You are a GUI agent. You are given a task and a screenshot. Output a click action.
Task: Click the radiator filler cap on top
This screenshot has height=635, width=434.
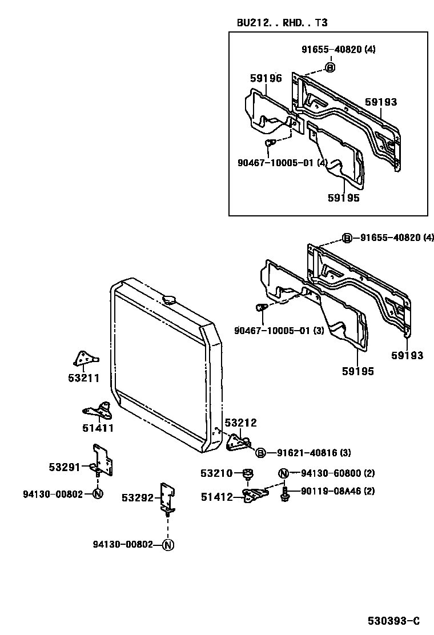click(170, 299)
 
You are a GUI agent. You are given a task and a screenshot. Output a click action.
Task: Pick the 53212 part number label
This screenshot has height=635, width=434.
click(240, 423)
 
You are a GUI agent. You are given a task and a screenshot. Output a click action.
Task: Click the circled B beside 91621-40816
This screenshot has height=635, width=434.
click(260, 453)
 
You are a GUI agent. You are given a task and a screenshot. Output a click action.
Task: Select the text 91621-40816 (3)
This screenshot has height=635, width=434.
click(314, 453)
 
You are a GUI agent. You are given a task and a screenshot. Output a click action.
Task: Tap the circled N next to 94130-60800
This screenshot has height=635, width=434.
click(283, 473)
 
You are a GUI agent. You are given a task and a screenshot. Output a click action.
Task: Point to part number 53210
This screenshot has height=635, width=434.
click(216, 473)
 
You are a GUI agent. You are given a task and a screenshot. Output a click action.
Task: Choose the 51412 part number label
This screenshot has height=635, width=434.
click(216, 497)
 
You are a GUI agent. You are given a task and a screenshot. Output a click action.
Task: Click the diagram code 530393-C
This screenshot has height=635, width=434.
click(393, 621)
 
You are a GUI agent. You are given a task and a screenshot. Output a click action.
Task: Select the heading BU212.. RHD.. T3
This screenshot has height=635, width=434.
click(282, 23)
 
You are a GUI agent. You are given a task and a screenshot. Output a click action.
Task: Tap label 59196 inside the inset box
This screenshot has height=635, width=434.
click(266, 78)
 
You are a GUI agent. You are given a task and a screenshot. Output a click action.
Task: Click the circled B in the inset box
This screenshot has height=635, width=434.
click(329, 67)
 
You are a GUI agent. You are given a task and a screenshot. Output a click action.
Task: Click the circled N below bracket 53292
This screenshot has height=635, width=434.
click(167, 545)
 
